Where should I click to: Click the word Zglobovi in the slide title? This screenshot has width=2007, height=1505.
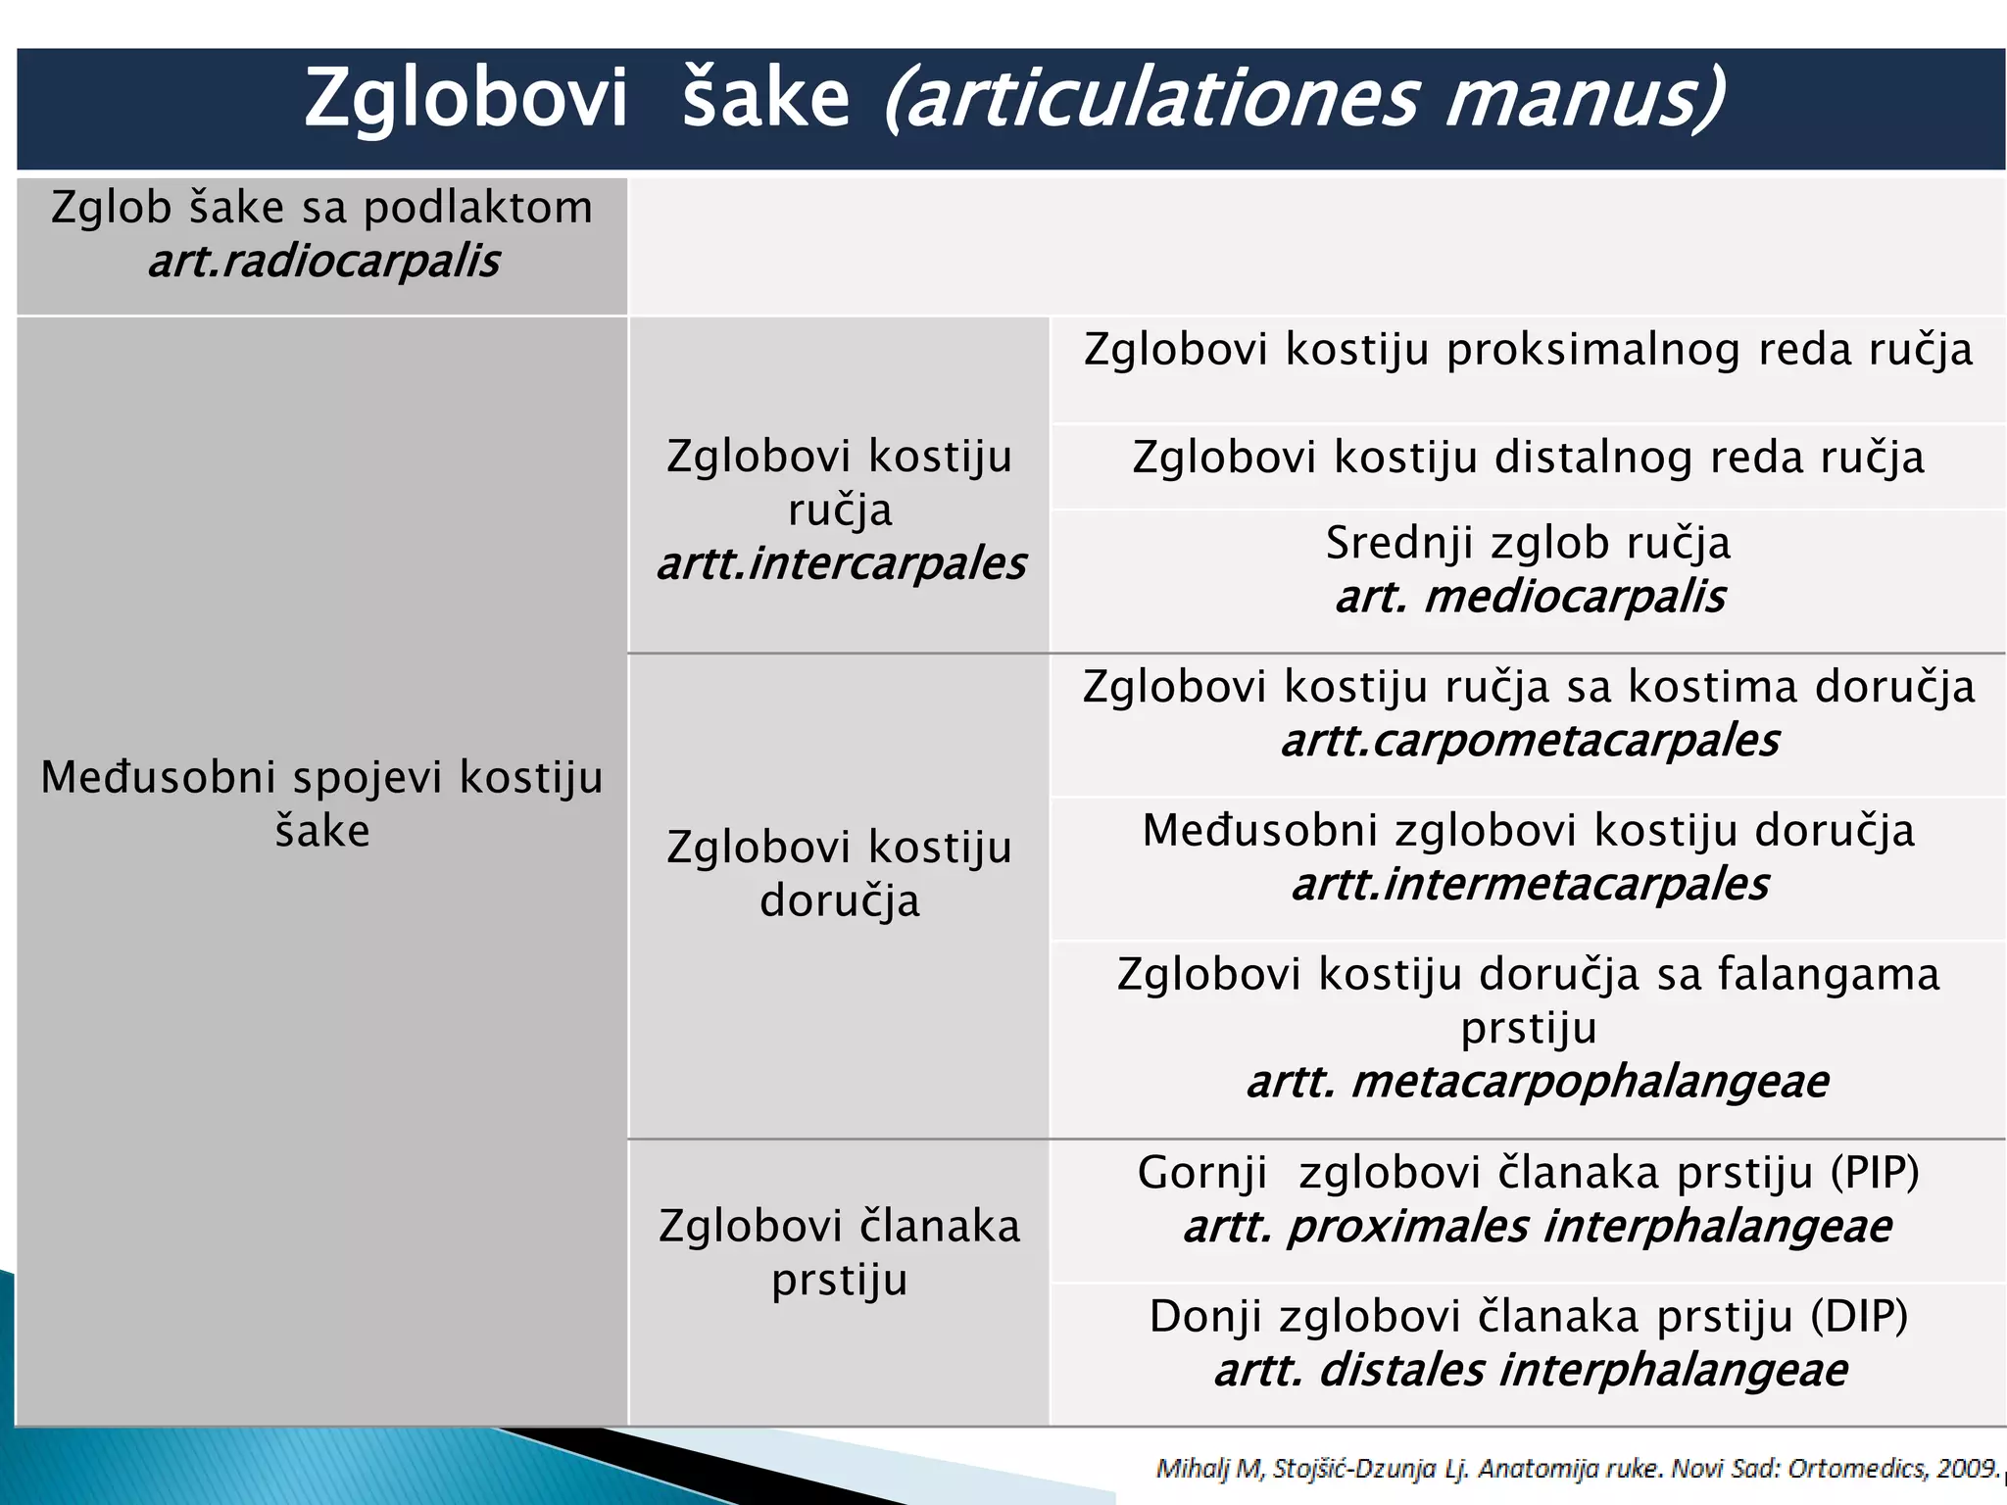465,100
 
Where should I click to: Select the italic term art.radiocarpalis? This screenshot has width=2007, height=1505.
323,262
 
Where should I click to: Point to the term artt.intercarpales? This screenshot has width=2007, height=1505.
840,564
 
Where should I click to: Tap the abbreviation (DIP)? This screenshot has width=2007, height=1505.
1859,1316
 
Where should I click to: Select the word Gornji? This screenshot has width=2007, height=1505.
1201,1173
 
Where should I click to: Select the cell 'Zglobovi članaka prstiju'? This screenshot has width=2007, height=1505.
839,1252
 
